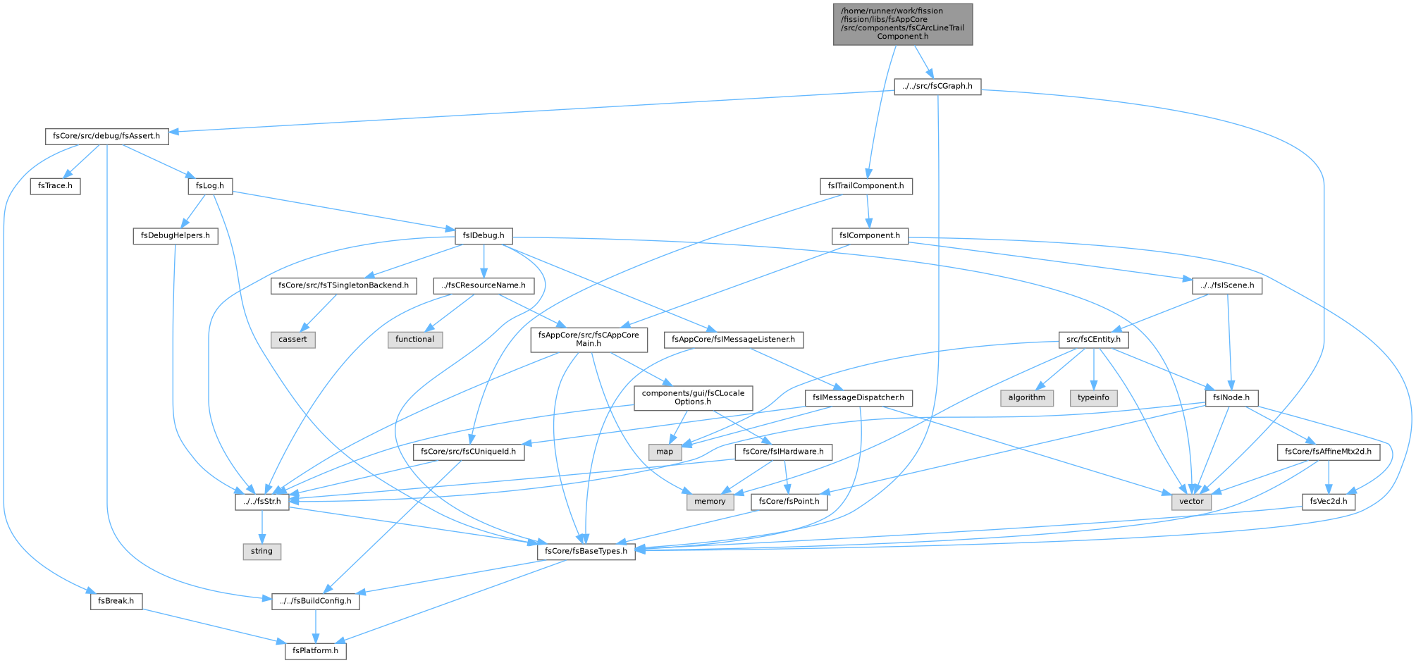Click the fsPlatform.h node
point(316,650)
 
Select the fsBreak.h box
point(116,602)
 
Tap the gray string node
point(261,551)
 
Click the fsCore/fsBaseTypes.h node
point(586,551)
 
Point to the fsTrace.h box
point(55,187)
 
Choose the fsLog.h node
point(210,187)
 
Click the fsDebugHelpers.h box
point(176,235)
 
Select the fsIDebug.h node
point(484,235)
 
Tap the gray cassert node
point(293,340)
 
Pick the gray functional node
point(414,340)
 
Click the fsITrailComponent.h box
point(866,187)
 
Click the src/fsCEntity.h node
point(1094,340)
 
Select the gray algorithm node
point(1027,397)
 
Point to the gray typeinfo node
point(1093,397)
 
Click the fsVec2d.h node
point(1328,502)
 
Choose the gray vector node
point(1192,502)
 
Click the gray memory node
point(710,502)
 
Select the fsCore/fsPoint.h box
point(789,502)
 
